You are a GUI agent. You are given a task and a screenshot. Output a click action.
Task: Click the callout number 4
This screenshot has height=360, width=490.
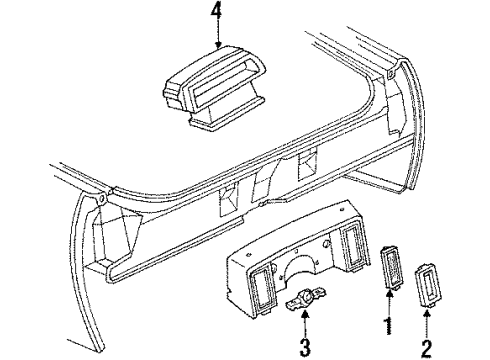coord(215,14)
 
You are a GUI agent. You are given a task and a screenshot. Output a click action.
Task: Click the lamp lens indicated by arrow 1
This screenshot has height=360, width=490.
coord(391,281)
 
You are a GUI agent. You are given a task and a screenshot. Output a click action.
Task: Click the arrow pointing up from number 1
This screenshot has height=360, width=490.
coord(390,306)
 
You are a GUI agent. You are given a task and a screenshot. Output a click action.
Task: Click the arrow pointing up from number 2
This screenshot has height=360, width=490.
coord(427,320)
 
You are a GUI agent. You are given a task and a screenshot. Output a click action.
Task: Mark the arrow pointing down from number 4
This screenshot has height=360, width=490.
coord(215,34)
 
